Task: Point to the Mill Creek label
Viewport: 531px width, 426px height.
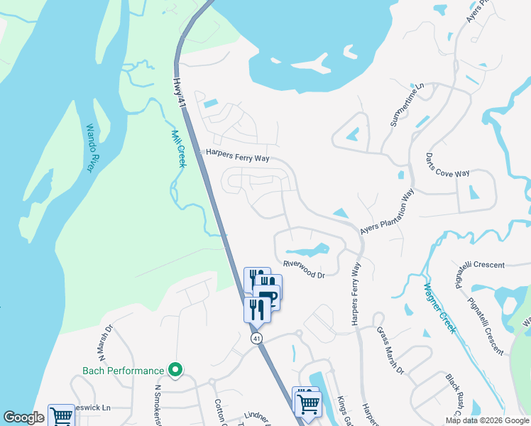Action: tap(177, 147)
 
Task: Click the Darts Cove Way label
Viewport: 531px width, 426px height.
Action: tap(448, 164)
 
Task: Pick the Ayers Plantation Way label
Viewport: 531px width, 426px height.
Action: tap(387, 211)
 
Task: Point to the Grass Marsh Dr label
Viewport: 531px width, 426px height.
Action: tap(390, 350)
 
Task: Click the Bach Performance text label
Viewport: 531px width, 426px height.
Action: tap(124, 371)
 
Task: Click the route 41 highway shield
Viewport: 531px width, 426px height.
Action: tap(256, 339)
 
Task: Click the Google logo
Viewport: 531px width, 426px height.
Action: tap(23, 417)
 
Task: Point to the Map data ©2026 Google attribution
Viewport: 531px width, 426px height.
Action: tap(486, 420)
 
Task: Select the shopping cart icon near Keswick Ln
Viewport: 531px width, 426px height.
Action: tap(61, 417)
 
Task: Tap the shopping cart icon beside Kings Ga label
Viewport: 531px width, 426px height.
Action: tap(307, 403)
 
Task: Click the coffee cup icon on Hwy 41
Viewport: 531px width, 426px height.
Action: tap(268, 296)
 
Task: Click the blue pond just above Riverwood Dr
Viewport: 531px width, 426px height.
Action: tap(307, 250)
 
